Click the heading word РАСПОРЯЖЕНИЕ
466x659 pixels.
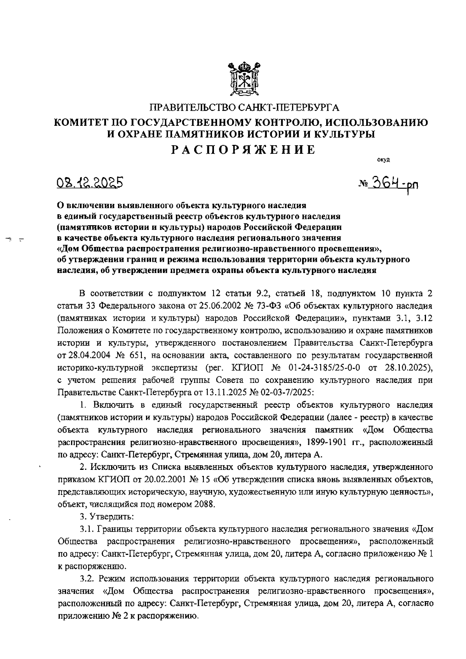pos(243,150)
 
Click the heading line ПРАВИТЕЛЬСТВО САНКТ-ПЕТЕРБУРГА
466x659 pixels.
pos(244,107)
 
